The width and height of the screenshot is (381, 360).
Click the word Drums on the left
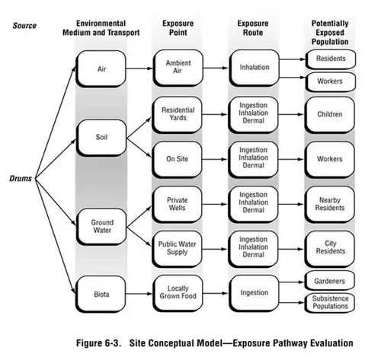pyautogui.click(x=21, y=179)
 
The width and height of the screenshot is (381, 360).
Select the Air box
pyautogui.click(x=102, y=68)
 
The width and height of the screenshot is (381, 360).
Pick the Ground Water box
pyautogui.click(x=102, y=225)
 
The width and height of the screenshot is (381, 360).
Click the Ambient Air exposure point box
pyautogui.click(x=178, y=67)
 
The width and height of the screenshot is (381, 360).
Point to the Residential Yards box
pyautogui.click(x=178, y=115)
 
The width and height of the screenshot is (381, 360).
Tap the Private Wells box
pyautogui.click(x=178, y=205)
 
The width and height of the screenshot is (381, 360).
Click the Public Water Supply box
pyautogui.click(x=178, y=248)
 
